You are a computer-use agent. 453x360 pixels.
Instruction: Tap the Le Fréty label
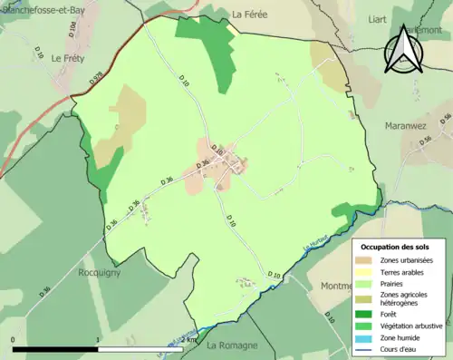click(x=69, y=58)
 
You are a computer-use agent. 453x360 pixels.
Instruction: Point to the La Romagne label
click(x=233, y=345)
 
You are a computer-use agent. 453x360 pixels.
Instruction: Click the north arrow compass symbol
click(x=403, y=50)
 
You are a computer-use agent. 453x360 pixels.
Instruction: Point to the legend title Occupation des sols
click(x=395, y=246)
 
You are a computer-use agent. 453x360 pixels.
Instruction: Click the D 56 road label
click(x=444, y=120)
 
